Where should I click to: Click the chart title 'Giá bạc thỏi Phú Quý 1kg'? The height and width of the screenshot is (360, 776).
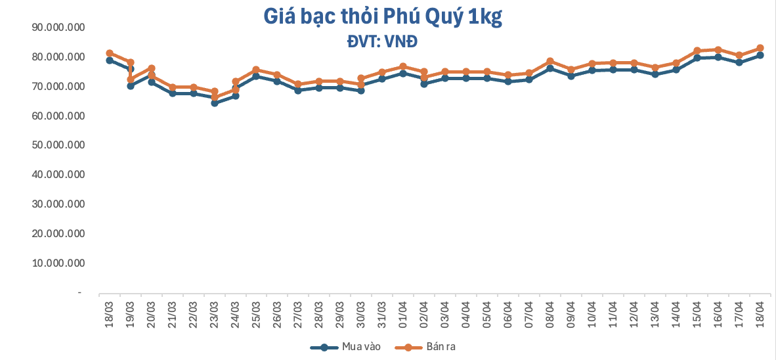click(383, 18)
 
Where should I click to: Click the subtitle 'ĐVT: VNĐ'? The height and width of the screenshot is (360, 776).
click(383, 42)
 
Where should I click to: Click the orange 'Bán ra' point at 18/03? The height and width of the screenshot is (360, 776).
click(110, 53)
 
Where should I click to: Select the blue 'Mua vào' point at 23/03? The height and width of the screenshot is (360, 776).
click(215, 103)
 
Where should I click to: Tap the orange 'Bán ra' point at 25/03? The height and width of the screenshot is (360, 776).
click(256, 70)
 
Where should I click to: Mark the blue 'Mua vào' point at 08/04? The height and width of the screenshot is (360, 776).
click(550, 68)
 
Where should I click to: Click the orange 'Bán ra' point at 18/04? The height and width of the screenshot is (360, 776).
click(760, 48)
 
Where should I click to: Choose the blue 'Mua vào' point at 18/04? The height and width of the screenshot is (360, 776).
click(760, 55)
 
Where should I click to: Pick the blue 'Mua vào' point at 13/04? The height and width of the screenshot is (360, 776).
click(655, 74)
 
